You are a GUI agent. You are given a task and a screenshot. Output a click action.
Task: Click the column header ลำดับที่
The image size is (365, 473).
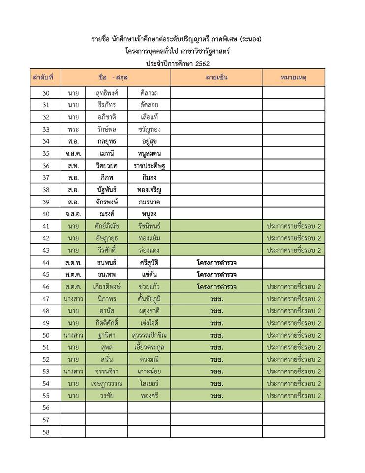point(45,78)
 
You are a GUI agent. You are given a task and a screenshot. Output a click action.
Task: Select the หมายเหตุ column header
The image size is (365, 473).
point(293,78)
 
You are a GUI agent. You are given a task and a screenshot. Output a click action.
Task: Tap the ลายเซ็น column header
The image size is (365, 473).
point(216,78)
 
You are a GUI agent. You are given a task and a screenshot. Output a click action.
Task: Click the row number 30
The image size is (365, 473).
point(46,93)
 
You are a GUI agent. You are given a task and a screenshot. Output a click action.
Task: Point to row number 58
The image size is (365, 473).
point(46,432)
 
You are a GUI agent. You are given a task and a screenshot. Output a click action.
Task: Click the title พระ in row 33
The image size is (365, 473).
point(73,129)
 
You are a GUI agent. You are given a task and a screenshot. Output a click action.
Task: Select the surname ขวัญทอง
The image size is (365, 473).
point(149,129)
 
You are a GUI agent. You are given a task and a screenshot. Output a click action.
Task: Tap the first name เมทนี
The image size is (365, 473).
point(106,153)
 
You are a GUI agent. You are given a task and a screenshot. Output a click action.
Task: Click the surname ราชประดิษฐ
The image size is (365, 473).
point(149,166)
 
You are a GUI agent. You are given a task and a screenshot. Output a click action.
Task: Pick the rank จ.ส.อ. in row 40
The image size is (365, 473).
point(73,214)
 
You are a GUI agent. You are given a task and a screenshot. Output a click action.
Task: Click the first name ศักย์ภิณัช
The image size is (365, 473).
point(106,226)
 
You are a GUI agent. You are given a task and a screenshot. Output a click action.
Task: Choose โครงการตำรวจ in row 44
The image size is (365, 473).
point(216,262)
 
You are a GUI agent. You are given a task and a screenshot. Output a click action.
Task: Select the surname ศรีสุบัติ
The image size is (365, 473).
point(149,262)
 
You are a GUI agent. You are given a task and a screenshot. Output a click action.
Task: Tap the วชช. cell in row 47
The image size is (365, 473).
point(216,299)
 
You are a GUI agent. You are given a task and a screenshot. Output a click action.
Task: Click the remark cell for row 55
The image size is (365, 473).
point(293,395)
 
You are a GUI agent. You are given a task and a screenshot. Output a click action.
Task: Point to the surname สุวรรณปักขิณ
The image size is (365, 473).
point(149,335)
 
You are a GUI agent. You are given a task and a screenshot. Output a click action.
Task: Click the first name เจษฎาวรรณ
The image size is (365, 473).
point(106,383)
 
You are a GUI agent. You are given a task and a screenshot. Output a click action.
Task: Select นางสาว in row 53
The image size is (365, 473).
point(73,371)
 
